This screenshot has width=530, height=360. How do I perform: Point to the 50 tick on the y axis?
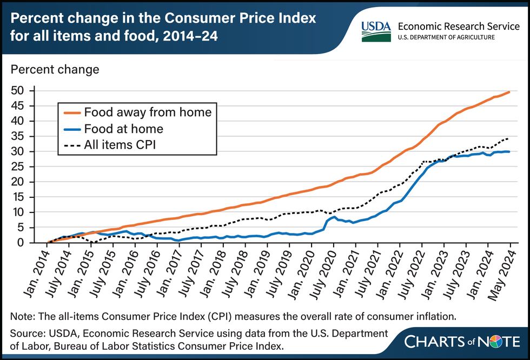(x=17, y=90)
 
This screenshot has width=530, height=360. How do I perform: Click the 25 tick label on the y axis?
(x=17, y=166)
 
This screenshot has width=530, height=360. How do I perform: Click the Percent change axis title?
(x=55, y=69)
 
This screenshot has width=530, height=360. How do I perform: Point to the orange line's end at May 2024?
(x=509, y=92)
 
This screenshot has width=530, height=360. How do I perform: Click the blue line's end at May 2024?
(x=509, y=151)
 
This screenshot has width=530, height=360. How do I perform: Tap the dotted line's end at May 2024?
(x=508, y=138)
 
